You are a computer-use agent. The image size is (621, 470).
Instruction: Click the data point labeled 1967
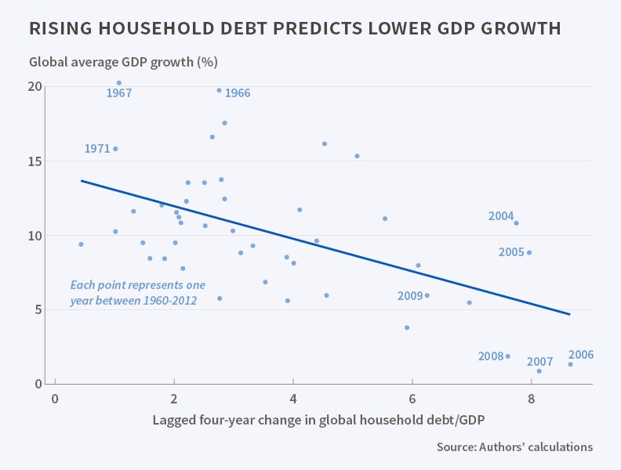(x=118, y=82)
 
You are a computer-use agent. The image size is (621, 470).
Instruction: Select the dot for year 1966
(x=219, y=90)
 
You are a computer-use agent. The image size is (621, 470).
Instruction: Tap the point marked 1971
(x=115, y=149)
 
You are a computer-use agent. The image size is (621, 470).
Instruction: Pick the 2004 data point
(x=516, y=223)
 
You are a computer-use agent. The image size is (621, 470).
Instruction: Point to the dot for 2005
(x=529, y=252)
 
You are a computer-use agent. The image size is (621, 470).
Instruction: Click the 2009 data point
(x=427, y=295)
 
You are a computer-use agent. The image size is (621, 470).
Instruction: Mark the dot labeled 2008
(x=507, y=356)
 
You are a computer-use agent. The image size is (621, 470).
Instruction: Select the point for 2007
(x=539, y=371)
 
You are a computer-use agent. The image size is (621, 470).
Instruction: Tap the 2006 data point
(x=570, y=364)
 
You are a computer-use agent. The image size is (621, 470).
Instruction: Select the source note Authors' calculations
(x=514, y=447)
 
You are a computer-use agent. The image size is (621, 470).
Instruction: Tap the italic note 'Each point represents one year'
(x=137, y=292)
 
